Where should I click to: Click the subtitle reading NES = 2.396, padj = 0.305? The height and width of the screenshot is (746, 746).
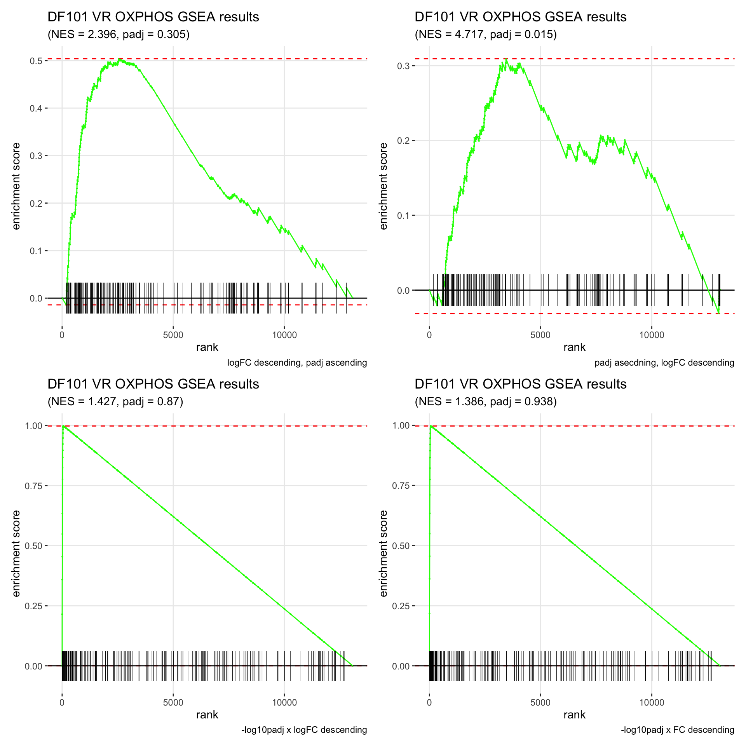[119, 35]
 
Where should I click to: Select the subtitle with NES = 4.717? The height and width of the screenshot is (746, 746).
[486, 35]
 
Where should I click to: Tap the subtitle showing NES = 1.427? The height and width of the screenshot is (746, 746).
[115, 401]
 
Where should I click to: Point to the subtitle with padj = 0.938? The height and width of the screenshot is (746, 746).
[486, 401]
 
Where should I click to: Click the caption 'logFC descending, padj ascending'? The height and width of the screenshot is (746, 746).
[297, 363]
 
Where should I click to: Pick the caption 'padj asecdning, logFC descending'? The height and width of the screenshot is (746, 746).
[664, 363]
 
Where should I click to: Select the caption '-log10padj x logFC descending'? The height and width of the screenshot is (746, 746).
[304, 730]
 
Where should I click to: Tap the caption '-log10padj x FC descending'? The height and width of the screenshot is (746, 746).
[677, 730]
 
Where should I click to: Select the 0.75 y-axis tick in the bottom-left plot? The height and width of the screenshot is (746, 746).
[34, 486]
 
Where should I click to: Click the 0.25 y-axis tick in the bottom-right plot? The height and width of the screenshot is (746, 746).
[401, 606]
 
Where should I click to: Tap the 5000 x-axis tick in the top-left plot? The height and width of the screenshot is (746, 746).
[173, 335]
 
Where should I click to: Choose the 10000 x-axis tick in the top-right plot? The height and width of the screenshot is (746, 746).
[652, 335]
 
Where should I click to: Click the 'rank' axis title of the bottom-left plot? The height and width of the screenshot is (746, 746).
[207, 715]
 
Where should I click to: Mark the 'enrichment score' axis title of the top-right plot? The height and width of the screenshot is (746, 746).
[383, 186]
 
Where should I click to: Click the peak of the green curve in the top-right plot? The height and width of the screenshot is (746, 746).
[506, 59]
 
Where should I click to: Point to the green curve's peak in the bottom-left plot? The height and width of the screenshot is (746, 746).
[63, 426]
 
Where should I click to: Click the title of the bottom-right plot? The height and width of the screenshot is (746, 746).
[520, 384]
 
